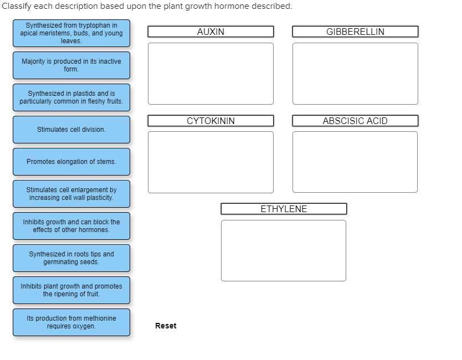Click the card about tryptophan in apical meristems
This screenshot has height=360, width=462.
tap(71, 33)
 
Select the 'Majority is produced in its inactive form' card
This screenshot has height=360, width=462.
tap(71, 65)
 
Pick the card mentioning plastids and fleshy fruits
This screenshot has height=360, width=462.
tap(71, 97)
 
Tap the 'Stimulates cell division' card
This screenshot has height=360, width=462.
tap(71, 130)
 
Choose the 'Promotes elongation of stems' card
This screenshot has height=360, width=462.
tap(71, 162)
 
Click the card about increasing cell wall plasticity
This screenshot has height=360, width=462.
tap(71, 194)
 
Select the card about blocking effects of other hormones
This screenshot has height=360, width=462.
tap(71, 226)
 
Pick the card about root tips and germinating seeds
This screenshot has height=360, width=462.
tap(71, 258)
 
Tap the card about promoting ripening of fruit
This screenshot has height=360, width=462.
tap(71, 290)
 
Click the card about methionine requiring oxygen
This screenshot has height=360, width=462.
tap(71, 322)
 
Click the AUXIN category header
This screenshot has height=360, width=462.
tap(211, 32)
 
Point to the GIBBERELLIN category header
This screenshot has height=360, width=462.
tap(355, 32)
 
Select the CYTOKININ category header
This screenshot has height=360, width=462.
tap(211, 121)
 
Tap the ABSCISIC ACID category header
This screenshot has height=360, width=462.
tap(355, 121)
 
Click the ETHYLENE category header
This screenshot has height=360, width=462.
tap(284, 209)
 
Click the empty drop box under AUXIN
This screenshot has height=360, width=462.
tap(211, 74)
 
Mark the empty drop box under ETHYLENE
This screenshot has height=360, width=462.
tap(284, 250)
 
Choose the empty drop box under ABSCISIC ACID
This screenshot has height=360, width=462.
tap(355, 162)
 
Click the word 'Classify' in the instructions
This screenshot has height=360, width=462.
tap(17, 6)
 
